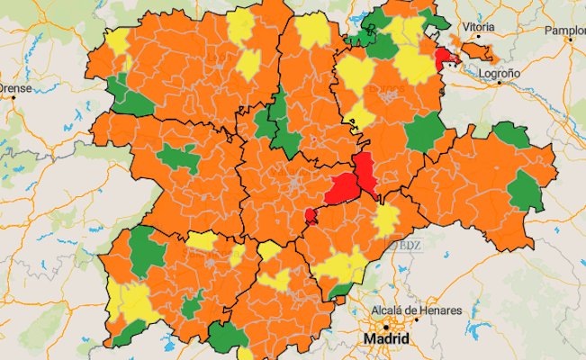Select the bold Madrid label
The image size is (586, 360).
coord(386,339)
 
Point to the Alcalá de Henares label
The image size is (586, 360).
coord(417,310)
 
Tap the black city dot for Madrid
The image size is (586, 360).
coord(385,326)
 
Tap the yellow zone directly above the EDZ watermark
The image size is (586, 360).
coord(386,220)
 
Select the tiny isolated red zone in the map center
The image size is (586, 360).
coord(311,215)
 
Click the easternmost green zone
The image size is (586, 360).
coord(526,192)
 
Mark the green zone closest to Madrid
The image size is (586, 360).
coord(340,290)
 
